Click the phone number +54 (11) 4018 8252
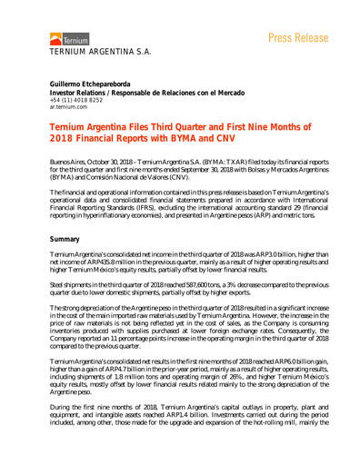pos(76,101)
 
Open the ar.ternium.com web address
pos(67,109)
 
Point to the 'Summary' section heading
pos(65,238)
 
